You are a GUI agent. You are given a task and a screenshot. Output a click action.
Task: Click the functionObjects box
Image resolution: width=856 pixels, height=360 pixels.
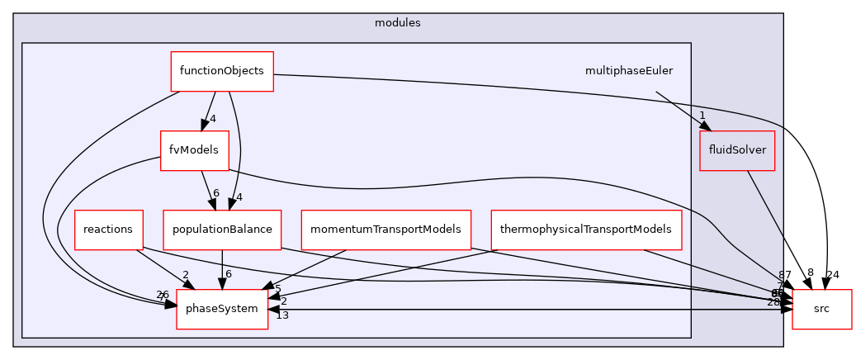coord(221,71)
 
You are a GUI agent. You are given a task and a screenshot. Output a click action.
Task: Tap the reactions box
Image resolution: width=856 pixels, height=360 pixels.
coord(108,229)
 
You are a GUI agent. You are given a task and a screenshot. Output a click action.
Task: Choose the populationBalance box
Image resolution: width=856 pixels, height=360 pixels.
coord(223,229)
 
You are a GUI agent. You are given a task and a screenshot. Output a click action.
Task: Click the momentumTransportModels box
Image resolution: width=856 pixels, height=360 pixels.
coord(385,229)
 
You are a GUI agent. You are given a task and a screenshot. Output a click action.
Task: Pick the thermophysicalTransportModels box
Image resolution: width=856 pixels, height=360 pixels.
coord(586,229)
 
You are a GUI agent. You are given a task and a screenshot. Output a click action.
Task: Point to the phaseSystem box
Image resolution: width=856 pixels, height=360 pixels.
coord(222,309)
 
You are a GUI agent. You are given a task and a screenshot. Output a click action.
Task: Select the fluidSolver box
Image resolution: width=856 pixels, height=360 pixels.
coord(736,150)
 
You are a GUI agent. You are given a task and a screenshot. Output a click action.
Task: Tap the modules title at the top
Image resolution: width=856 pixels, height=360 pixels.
coord(398,23)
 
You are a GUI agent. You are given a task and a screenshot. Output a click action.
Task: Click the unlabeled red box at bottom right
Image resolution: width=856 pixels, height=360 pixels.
coord(821,309)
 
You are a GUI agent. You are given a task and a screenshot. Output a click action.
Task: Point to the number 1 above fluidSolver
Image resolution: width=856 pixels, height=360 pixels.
coord(702,116)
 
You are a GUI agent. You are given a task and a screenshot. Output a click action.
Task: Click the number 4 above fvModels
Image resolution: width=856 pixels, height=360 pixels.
coord(212,119)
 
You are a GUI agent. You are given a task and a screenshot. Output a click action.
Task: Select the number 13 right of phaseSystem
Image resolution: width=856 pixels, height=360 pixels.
coord(282,315)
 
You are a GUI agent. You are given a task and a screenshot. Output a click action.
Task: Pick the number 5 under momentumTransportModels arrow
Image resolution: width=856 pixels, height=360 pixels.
coord(278,288)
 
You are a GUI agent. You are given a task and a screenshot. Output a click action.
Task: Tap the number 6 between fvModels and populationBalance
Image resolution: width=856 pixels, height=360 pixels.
coord(215,193)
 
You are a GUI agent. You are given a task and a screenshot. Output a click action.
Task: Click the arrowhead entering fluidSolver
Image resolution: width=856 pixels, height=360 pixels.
coord(704,126)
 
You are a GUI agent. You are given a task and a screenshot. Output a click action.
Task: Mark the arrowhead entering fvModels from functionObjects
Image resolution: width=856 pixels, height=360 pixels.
coord(201,125)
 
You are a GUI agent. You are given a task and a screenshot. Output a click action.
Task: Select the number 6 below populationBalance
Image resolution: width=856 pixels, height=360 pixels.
coord(229,273)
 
